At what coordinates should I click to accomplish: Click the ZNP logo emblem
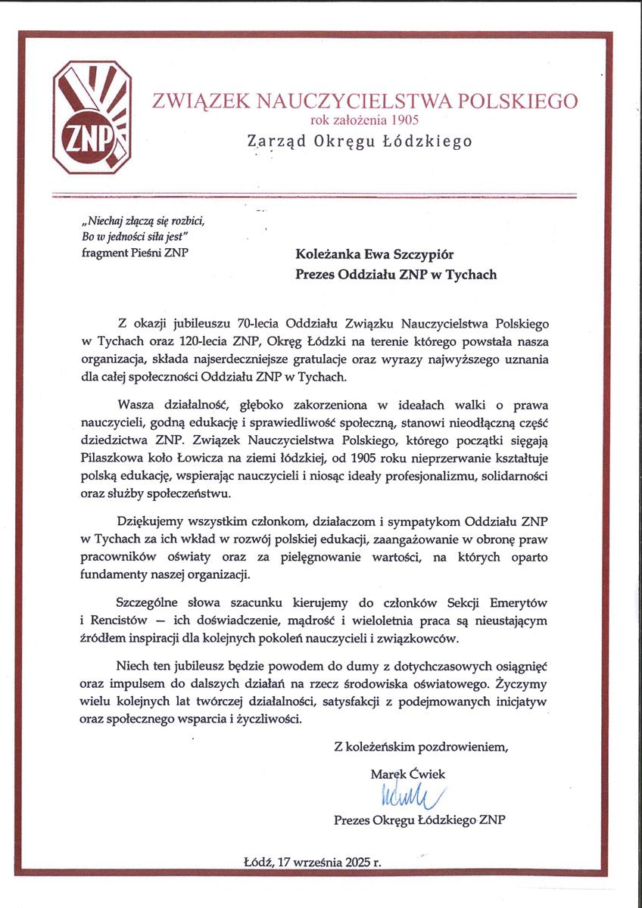tap(92, 118)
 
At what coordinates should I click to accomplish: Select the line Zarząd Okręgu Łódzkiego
tap(360, 141)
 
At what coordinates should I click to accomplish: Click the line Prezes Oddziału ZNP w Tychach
tap(396, 275)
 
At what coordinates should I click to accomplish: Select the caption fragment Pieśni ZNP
tap(136, 252)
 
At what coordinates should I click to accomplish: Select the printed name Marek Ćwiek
tap(408, 774)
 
